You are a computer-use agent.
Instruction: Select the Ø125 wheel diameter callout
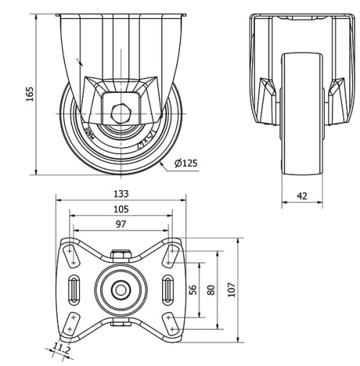(186, 164)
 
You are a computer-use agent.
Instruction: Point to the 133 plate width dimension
(121, 194)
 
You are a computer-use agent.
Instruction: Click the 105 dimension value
(121, 209)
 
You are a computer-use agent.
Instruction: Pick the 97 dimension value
(121, 224)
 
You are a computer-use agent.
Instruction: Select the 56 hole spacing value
(192, 289)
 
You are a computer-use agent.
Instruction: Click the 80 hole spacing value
(210, 289)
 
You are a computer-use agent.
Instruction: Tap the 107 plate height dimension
(231, 288)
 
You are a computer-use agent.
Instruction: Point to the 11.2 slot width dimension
(63, 349)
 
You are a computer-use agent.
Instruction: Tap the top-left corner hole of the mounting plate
(70, 252)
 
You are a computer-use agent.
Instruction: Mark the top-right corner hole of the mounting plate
(171, 252)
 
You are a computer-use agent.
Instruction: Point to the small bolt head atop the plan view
(120, 255)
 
